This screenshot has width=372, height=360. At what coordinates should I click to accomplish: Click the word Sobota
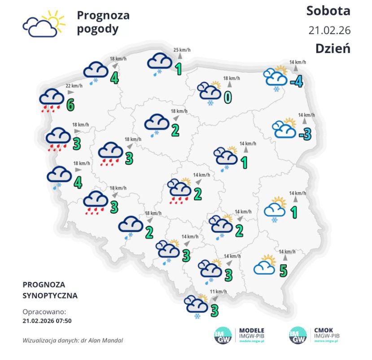(328, 10)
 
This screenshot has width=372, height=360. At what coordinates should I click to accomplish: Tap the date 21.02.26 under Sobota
(329, 30)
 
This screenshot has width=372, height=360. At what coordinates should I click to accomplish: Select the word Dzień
(332, 48)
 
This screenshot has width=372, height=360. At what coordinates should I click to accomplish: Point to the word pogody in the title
(97, 30)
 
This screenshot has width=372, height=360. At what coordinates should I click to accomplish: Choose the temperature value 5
(283, 270)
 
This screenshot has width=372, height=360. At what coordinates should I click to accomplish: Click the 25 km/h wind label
(179, 50)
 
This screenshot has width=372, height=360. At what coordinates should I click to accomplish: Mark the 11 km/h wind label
(219, 291)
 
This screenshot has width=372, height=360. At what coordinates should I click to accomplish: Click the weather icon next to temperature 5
(265, 265)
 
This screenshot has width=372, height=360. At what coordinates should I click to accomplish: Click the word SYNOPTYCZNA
(50, 296)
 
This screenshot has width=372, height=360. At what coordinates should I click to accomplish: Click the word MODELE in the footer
(252, 329)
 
